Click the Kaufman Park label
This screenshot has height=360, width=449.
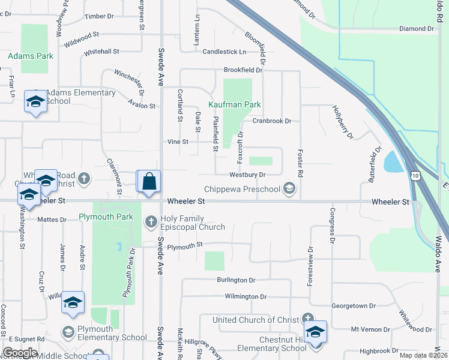click(x=235, y=104)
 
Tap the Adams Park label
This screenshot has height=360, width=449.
click(x=31, y=56)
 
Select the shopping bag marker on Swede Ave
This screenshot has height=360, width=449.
click(x=149, y=181)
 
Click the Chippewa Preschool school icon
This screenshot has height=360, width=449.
click(x=289, y=190)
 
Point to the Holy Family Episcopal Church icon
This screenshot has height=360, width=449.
click(x=151, y=223)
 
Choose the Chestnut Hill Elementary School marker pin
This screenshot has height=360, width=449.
click(x=315, y=334)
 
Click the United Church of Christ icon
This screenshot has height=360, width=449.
click(x=308, y=319)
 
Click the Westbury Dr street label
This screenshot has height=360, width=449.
click(x=247, y=175)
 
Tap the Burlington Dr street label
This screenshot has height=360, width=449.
click(x=237, y=280)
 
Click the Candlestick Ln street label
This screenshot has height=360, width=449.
click(x=224, y=52)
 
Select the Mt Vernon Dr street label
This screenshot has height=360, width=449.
click(x=370, y=329)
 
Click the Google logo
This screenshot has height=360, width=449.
click(x=20, y=353)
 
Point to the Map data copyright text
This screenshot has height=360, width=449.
click(x=424, y=355)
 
